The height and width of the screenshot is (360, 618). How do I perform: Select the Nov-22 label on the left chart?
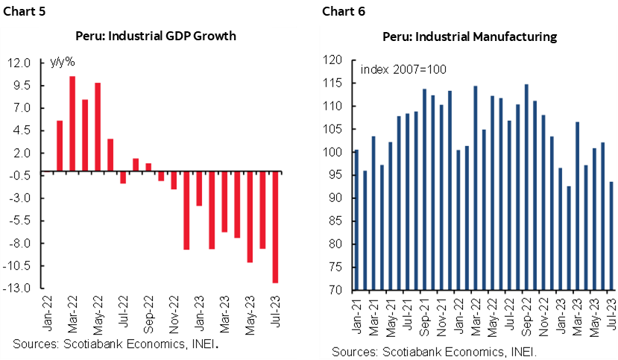174,313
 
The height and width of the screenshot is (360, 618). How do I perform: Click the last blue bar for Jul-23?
611,236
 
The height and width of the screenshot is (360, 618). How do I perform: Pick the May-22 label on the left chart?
98,313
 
